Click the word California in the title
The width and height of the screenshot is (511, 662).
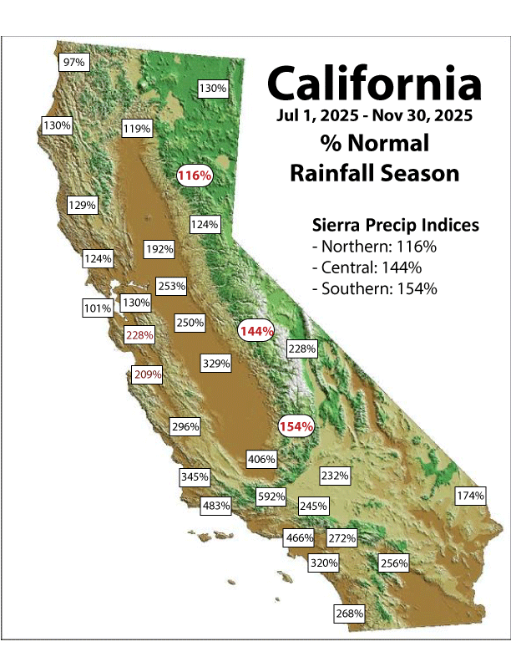[x=374, y=84]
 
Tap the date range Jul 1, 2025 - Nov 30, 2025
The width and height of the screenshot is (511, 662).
[x=375, y=115]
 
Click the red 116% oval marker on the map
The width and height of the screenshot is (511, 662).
[x=195, y=176]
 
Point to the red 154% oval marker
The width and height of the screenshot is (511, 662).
[x=296, y=426]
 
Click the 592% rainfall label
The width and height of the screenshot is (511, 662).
[x=271, y=496]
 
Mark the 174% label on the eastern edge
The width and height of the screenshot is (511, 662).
[x=470, y=496]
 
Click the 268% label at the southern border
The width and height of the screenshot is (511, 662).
[x=349, y=614]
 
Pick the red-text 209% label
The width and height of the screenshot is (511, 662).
[x=148, y=375]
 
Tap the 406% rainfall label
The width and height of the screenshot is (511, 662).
[x=261, y=459]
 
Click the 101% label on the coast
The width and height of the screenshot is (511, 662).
[x=98, y=308]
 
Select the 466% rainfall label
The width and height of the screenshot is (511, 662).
[x=299, y=537]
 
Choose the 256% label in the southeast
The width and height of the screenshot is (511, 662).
[x=393, y=563]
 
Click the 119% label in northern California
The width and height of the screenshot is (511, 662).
[x=137, y=129]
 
